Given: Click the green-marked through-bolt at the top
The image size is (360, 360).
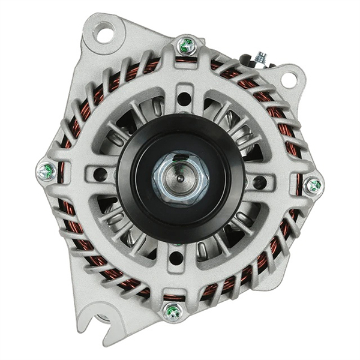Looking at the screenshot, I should (x=186, y=45).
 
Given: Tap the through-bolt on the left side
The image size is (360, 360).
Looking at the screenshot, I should (x=46, y=172).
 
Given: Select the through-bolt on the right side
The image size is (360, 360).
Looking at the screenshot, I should (x=313, y=185).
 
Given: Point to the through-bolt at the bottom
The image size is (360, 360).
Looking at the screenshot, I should (x=173, y=311).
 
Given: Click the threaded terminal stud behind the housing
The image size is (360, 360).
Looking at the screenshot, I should (x=260, y=58).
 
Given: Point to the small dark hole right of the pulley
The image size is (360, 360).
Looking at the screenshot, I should (x=259, y=182).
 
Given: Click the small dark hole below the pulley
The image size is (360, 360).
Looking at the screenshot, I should (x=176, y=258).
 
